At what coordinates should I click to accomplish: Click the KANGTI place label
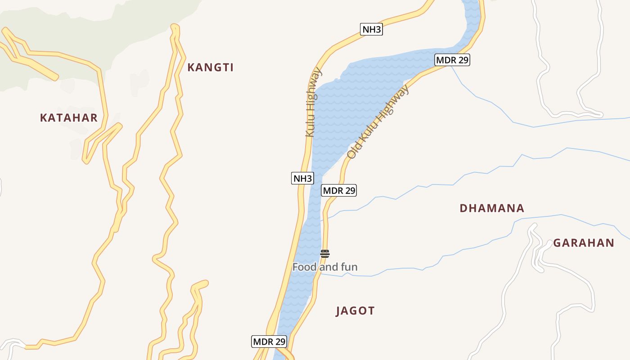click(x=210, y=67)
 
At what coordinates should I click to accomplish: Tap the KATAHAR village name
click(x=68, y=118)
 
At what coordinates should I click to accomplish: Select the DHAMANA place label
click(x=492, y=208)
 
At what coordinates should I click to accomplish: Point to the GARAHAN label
click(x=584, y=243)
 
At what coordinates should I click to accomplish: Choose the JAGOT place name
click(x=355, y=311)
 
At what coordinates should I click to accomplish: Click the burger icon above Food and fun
click(x=325, y=253)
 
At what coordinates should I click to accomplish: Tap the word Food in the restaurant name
click(x=304, y=267)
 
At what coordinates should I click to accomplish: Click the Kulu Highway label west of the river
click(x=313, y=102)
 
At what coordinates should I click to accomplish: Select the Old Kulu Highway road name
click(x=378, y=122)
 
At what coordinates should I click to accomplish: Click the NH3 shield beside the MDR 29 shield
click(x=302, y=179)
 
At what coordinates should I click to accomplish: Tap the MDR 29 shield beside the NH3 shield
click(x=339, y=190)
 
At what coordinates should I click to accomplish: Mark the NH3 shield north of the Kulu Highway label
click(x=372, y=30)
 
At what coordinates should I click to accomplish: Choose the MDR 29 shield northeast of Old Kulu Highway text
click(x=452, y=60)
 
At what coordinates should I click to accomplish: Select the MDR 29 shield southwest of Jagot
click(x=269, y=342)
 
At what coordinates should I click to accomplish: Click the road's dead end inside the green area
click(x=55, y=77)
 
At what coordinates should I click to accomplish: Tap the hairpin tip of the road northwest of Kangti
click(x=175, y=27)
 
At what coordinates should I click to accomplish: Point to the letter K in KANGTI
click(x=191, y=67)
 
